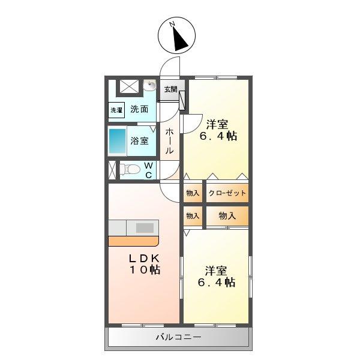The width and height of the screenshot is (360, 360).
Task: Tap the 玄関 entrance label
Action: [x=170, y=89]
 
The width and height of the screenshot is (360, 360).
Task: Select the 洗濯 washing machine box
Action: [x=116, y=110]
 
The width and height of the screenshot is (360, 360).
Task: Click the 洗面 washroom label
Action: [x=139, y=110]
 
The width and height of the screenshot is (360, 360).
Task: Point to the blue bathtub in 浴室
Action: [x=117, y=141]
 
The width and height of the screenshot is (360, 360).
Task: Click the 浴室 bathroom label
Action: [x=140, y=142]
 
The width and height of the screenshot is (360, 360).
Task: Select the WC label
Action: [x=148, y=170]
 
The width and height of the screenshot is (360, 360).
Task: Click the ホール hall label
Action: [x=170, y=141]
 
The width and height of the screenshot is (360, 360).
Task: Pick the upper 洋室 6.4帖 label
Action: [x=217, y=130]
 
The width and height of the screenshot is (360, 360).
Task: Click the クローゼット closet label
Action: [x=227, y=193]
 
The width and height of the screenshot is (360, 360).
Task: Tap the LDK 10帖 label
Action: [x=143, y=263]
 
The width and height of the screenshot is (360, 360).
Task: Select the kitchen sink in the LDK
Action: [x=145, y=228]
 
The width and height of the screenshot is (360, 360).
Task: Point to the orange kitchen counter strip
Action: [x=133, y=241]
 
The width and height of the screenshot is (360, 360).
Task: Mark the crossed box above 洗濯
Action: [x=128, y=85]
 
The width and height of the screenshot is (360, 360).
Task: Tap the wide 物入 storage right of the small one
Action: [x=227, y=215]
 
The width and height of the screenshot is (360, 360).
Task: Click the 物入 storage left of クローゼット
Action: [x=193, y=193]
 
